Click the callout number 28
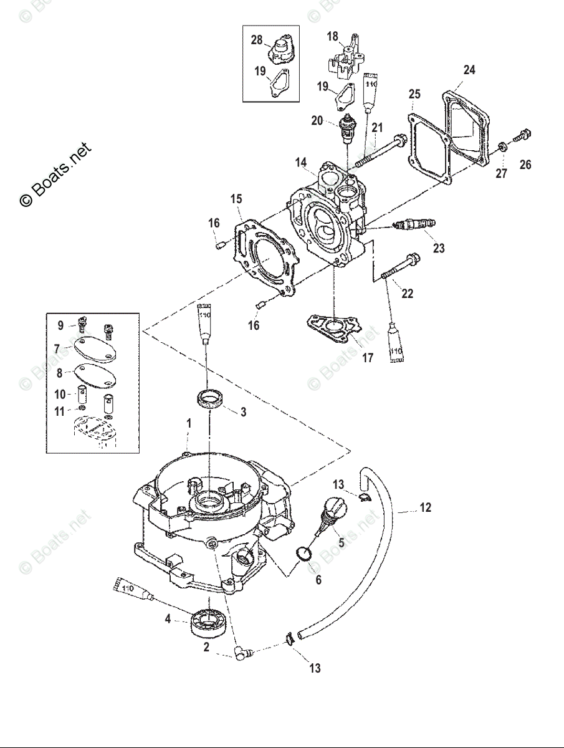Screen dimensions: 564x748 pyautogui.click(x=257, y=40)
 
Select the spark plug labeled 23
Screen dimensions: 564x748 pyautogui.click(x=414, y=224)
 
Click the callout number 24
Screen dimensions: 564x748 pyautogui.click(x=469, y=70)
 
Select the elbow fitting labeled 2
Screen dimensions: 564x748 pyautogui.click(x=243, y=653)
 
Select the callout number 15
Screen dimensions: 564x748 pyautogui.click(x=236, y=199)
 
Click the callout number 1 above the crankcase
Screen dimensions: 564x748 pyautogui.click(x=189, y=423)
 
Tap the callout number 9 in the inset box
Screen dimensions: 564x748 pyautogui.click(x=60, y=325)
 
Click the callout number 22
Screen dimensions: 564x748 pyautogui.click(x=407, y=293)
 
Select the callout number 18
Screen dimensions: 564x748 pyautogui.click(x=332, y=36)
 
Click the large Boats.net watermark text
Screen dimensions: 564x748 pyautogui.click(x=55, y=175)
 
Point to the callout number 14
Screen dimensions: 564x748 pyautogui.click(x=301, y=163)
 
